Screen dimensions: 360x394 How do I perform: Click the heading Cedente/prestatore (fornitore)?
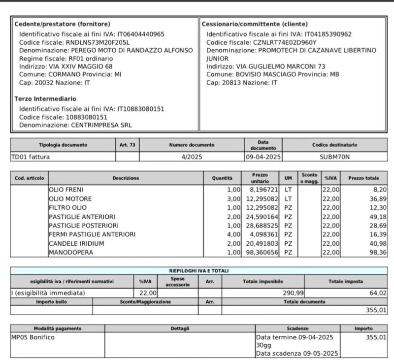tap(62, 24)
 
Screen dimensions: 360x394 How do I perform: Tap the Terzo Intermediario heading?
tap(45, 99)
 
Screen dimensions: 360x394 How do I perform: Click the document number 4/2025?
tap(192, 157)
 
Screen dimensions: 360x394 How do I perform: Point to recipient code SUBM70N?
tap(334, 157)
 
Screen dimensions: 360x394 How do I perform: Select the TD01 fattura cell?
tap(31, 157)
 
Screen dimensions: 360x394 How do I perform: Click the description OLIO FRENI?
tap(66, 189)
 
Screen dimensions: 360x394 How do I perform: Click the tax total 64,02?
tap(378, 293)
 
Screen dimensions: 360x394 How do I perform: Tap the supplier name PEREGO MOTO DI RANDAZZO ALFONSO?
tap(125, 50)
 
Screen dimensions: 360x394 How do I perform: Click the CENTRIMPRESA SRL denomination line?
tap(75, 125)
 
